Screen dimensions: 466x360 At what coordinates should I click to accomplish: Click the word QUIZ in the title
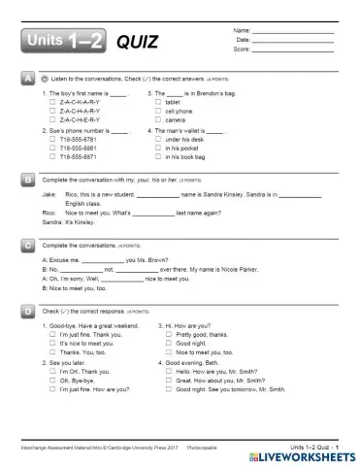click(x=136, y=42)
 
